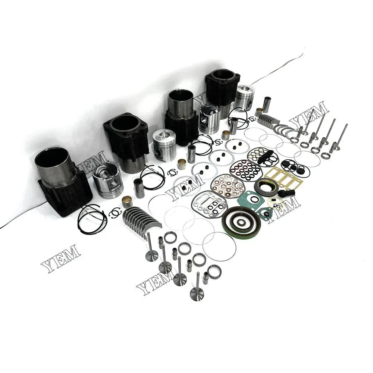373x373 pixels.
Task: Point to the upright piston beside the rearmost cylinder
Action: tap(245, 98)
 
